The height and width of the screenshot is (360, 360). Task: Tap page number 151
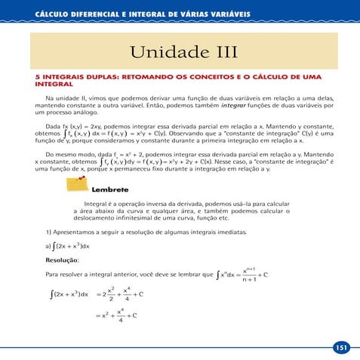tap(341, 347)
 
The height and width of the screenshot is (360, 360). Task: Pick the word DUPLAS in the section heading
tap(100, 77)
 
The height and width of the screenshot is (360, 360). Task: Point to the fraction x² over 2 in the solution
tap(111, 294)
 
